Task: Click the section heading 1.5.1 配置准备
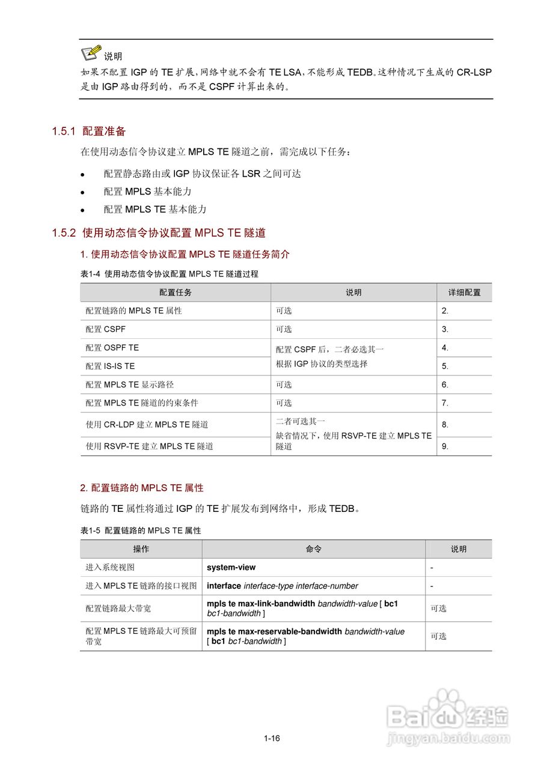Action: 89,131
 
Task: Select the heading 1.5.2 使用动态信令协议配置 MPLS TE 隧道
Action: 159,233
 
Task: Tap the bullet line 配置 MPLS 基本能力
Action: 147,192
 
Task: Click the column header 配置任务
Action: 176,293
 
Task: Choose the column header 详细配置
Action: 464,293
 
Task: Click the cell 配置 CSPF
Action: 106,329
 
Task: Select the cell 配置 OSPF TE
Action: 112,348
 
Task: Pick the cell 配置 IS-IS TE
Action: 111,366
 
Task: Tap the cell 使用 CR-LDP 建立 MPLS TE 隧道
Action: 147,425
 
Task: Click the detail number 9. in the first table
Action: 445,446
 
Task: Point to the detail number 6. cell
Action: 445,384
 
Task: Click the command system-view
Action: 231,567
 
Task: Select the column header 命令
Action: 314,549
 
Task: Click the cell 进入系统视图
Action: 110,567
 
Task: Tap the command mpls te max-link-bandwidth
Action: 261,603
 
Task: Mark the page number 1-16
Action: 272,738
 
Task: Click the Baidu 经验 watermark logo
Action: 448,718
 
